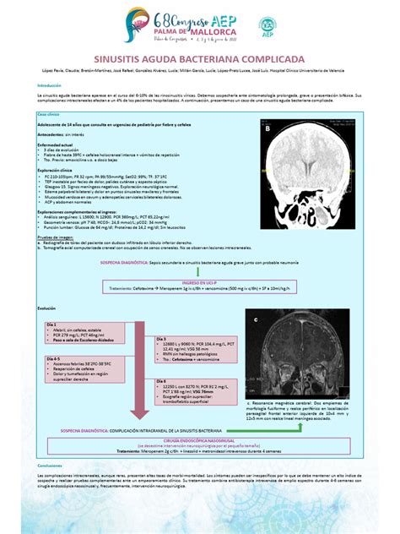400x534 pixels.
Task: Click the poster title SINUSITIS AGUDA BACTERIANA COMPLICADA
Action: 199,61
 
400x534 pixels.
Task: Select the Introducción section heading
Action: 44,85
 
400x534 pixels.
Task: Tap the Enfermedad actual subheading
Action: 54,144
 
